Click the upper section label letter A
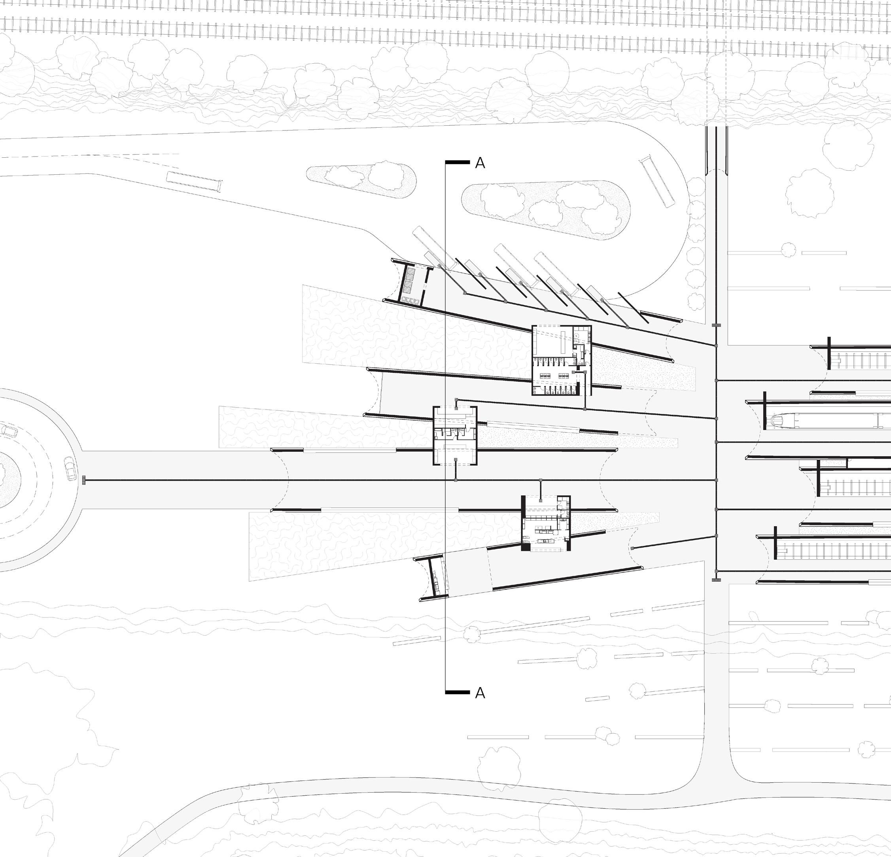(x=480, y=163)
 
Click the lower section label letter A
(x=480, y=693)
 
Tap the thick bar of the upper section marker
(x=457, y=162)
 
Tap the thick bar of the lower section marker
(x=457, y=693)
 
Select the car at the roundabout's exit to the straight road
(x=71, y=468)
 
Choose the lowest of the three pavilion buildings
(x=545, y=523)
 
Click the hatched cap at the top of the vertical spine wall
(x=716, y=325)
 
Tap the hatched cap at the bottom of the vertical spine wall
(x=716, y=580)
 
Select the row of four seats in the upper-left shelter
(x=412, y=300)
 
